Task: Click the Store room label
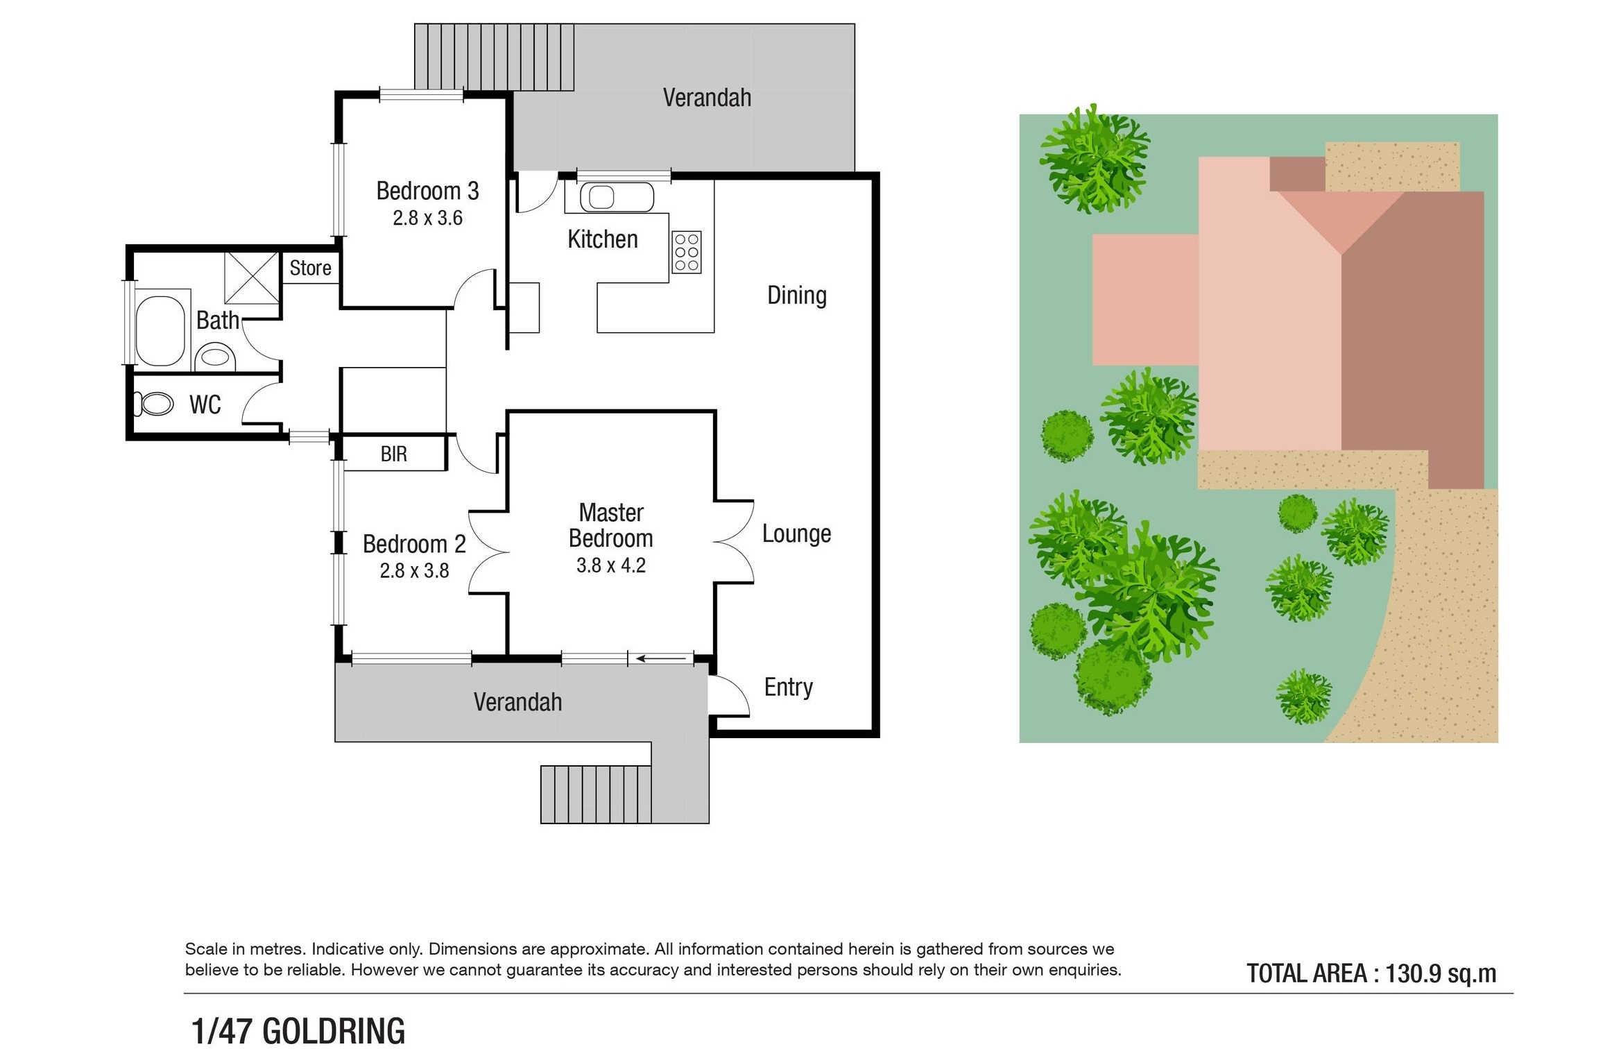click(x=310, y=268)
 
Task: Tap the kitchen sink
click(x=617, y=197)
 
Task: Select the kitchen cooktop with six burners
click(x=686, y=252)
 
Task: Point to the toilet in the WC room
click(x=153, y=404)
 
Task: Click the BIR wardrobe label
click(x=393, y=454)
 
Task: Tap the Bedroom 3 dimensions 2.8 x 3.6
click(x=427, y=218)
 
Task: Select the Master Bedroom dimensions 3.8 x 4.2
click(x=610, y=565)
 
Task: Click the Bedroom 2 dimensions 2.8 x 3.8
click(x=414, y=571)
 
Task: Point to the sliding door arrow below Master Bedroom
click(x=664, y=658)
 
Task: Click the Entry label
click(x=788, y=688)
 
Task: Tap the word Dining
click(x=796, y=296)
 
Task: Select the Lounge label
click(x=796, y=534)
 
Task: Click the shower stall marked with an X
click(x=252, y=278)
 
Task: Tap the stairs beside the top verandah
click(x=494, y=57)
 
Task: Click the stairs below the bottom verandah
click(x=596, y=794)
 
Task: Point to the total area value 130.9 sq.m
click(x=1441, y=973)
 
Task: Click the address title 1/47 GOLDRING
click(x=298, y=1031)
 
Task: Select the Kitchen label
click(x=602, y=239)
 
